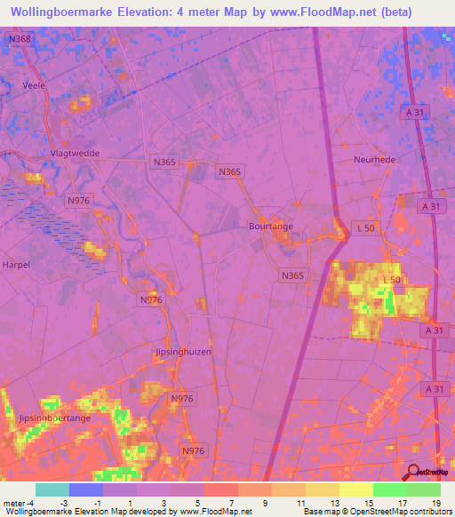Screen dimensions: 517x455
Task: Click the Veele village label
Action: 34,85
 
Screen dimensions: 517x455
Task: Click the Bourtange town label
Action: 270,227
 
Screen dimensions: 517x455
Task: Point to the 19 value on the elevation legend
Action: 436,504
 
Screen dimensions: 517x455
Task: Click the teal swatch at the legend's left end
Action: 52,489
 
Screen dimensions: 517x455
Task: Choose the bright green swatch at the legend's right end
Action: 423,489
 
